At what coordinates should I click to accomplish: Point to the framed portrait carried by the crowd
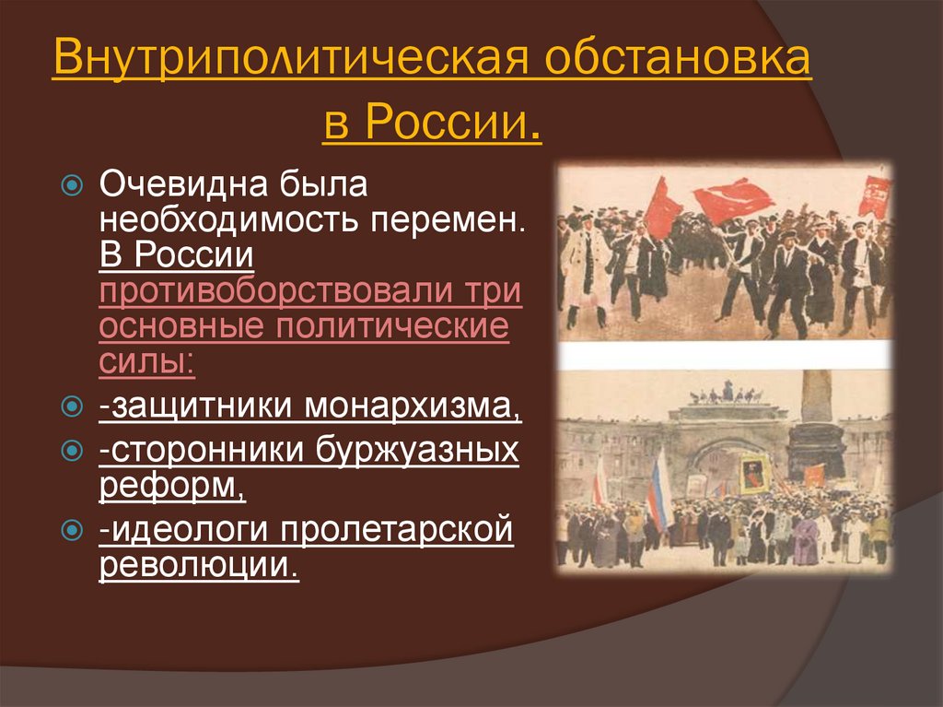755,473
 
